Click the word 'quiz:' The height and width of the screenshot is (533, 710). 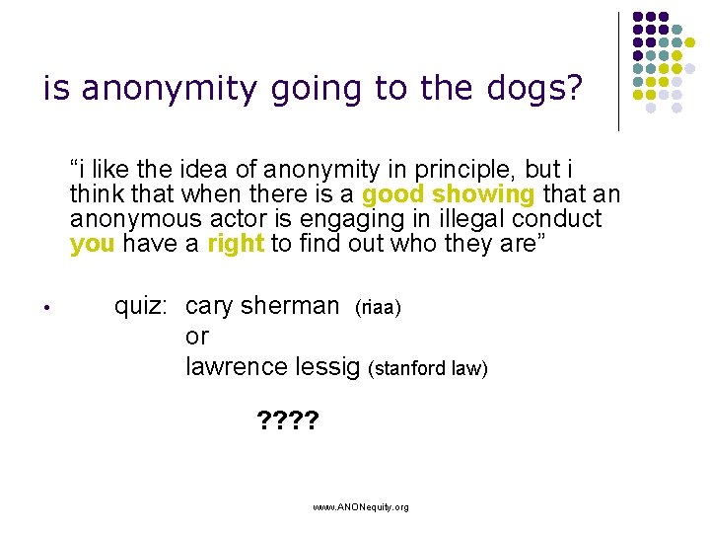[145, 306]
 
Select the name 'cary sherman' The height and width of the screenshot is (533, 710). [262, 306]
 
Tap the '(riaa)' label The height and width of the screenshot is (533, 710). [378, 308]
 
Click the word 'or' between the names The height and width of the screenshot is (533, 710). [197, 337]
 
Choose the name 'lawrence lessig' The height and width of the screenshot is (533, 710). [273, 367]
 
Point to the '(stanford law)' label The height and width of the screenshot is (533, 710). [428, 369]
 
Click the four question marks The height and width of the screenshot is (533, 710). [286, 424]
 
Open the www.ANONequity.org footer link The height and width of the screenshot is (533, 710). [360, 506]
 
